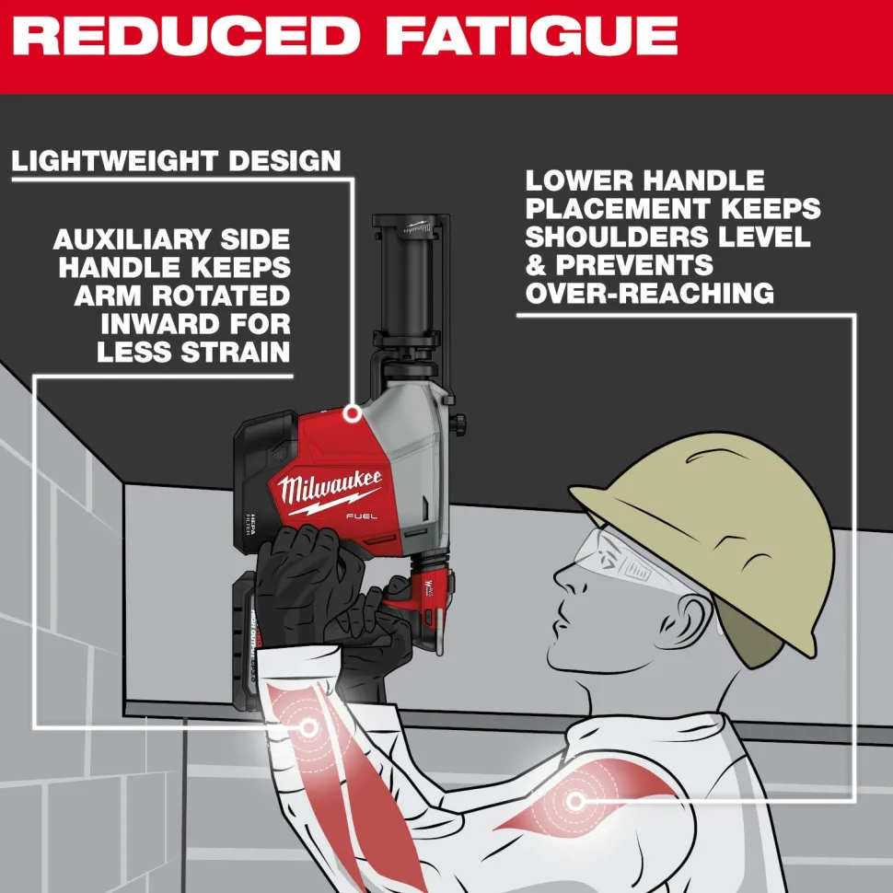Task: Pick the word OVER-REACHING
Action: pos(649,293)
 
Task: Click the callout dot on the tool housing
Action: pos(352,414)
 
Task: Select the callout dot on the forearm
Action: pos(308,728)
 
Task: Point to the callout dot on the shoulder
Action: pos(576,801)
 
